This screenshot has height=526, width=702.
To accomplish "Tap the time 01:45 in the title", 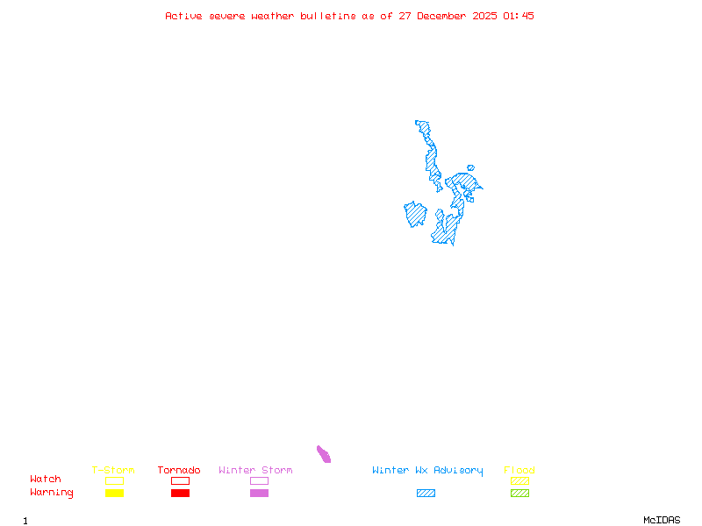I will pos(519,16).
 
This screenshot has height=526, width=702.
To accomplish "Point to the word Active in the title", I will pos(183,16).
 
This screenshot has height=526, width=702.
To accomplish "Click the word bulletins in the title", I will pos(328,16).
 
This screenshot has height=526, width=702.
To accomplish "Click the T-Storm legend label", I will pos(113,470).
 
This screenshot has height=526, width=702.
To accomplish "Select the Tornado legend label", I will pos(179,470).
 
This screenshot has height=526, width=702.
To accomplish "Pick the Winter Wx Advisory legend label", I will pos(427,470).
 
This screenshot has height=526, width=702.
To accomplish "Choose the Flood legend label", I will pos(519,470).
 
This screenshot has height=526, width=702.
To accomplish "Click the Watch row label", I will pos(46,480).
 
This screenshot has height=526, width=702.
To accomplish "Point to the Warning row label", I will pos(52,493).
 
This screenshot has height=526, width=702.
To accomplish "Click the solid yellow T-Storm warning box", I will pos(114,493).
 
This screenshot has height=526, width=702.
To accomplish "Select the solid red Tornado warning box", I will pos(180,493).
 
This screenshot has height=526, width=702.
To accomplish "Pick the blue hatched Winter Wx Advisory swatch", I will pos(426,493).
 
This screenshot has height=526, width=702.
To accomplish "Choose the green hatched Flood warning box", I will pos(519,493).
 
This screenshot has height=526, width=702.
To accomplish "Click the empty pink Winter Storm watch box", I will pos(259,480).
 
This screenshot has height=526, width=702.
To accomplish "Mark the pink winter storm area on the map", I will pos(324,453).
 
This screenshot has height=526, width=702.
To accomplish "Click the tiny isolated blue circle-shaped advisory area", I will pos(470,167).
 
